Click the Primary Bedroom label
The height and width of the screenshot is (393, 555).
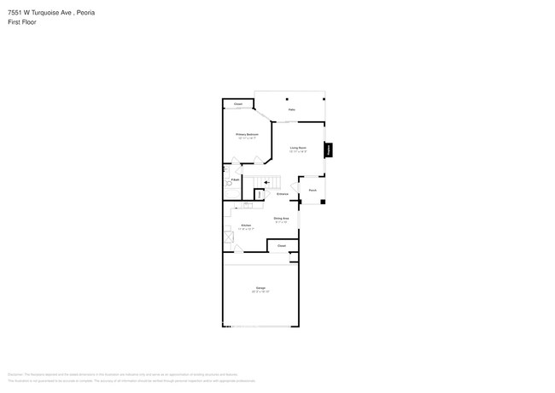coord(247,134)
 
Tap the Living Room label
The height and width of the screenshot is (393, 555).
coord(298,149)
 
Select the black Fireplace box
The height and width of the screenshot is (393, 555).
coord(329,150)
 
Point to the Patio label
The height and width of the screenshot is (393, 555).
coord(291,110)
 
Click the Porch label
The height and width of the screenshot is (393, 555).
coord(313,190)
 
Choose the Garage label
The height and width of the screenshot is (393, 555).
coord(260,288)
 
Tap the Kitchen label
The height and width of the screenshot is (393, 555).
coord(246,225)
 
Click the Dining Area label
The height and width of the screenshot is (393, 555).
coord(281,219)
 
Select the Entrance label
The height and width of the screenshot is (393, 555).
coord(282,194)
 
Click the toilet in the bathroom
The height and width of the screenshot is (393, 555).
coord(226,181)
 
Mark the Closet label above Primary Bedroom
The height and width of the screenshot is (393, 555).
coord(238,104)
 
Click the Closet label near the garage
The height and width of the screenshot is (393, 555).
coord(281,246)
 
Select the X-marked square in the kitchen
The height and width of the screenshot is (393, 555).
coord(228,238)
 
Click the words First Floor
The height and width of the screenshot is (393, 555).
coord(21,22)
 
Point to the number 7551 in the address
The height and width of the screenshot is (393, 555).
coord(15,13)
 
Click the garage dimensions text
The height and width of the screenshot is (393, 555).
coord(260,292)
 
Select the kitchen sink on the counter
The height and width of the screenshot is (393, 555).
coord(247,205)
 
